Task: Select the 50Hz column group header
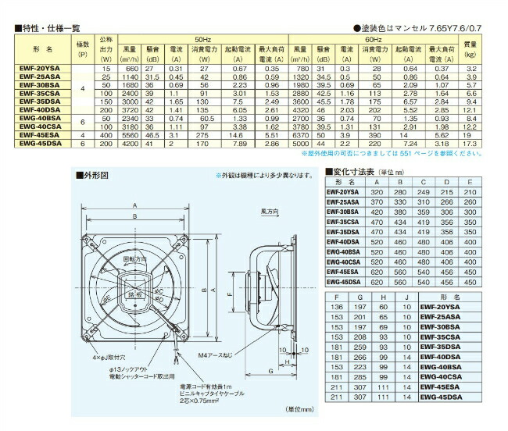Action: point(204,37)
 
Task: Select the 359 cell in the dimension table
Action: point(423,211)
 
